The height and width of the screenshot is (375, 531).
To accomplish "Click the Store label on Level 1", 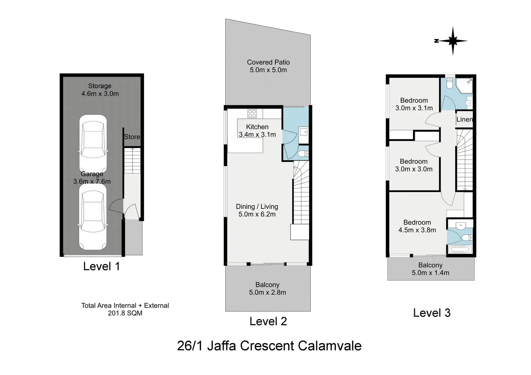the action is tap(132, 137).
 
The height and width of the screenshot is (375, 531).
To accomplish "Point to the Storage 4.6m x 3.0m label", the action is tap(100, 90).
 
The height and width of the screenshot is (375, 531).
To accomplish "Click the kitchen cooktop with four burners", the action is tap(252, 113).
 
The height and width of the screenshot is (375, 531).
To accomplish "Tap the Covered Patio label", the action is tap(268, 66).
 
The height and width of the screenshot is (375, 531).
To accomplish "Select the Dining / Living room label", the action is tap(257, 210).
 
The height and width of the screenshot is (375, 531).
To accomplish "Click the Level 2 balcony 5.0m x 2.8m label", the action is tap(267, 289).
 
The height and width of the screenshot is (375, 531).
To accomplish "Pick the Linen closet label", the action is tap(464, 120).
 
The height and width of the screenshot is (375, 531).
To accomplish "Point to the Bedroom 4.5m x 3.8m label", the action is tap(417, 226).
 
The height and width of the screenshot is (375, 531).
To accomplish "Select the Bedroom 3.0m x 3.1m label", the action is tap(414, 104).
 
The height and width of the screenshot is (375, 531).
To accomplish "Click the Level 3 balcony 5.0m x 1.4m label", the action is tap(430, 269).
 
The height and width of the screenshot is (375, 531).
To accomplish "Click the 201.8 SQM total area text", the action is tap(125, 313).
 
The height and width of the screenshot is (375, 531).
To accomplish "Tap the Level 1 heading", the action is tap(101, 266).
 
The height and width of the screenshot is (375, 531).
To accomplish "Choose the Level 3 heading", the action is tap(432, 313).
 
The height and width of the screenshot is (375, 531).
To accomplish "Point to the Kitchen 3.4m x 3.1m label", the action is tap(257, 131).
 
